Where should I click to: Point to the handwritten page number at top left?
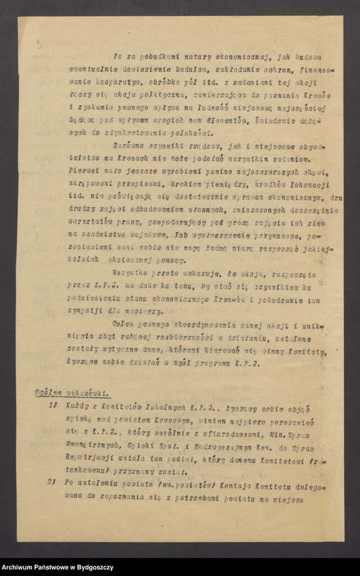pos(38,45)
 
